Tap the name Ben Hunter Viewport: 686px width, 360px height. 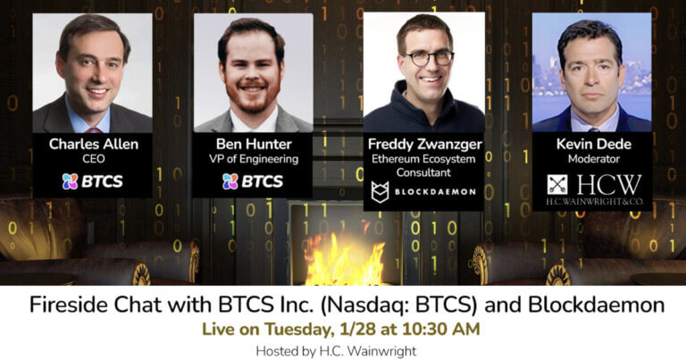coord(252,144)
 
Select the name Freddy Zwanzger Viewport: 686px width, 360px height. coord(423,144)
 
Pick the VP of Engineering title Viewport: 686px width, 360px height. coord(252,160)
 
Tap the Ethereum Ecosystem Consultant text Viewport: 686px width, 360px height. coord(423,165)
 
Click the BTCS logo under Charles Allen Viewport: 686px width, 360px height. coord(92,181)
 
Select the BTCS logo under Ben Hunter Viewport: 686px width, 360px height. coord(252,181)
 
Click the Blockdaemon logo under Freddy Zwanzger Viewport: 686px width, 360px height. coord(423,192)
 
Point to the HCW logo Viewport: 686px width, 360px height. coord(594,188)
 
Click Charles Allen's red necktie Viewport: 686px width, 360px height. coord(94,130)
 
